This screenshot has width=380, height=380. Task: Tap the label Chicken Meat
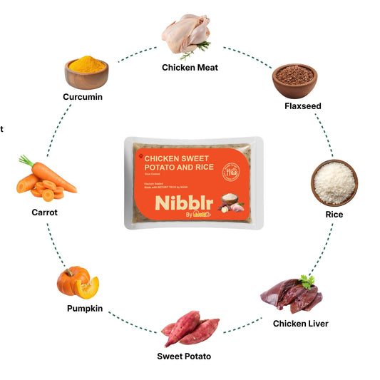coord(190,68)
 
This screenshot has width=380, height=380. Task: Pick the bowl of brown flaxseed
coord(294,80)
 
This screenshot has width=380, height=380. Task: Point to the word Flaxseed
coord(302,106)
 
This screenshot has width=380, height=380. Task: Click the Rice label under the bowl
coord(334,215)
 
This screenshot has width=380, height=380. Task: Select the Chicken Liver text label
coord(301,324)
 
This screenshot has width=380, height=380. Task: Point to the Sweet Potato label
coord(183,356)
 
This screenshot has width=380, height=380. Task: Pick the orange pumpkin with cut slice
coord(77,283)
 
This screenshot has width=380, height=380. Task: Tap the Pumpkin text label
coord(85,309)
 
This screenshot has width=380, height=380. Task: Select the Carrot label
coord(44,212)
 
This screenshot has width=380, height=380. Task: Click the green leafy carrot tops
coord(26,161)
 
